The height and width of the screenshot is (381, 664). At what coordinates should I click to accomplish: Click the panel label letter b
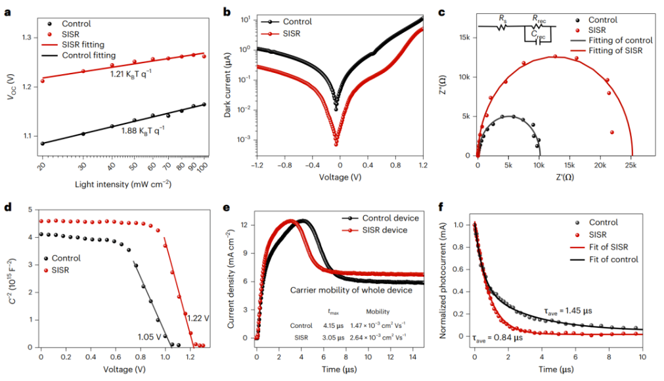(227, 11)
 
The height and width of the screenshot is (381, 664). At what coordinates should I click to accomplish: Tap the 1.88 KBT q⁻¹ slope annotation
(143, 130)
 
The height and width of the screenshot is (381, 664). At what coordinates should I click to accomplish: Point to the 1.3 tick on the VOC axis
(27, 37)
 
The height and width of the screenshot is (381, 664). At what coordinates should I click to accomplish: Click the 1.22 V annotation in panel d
(199, 318)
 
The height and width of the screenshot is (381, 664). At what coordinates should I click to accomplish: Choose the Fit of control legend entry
(613, 259)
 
